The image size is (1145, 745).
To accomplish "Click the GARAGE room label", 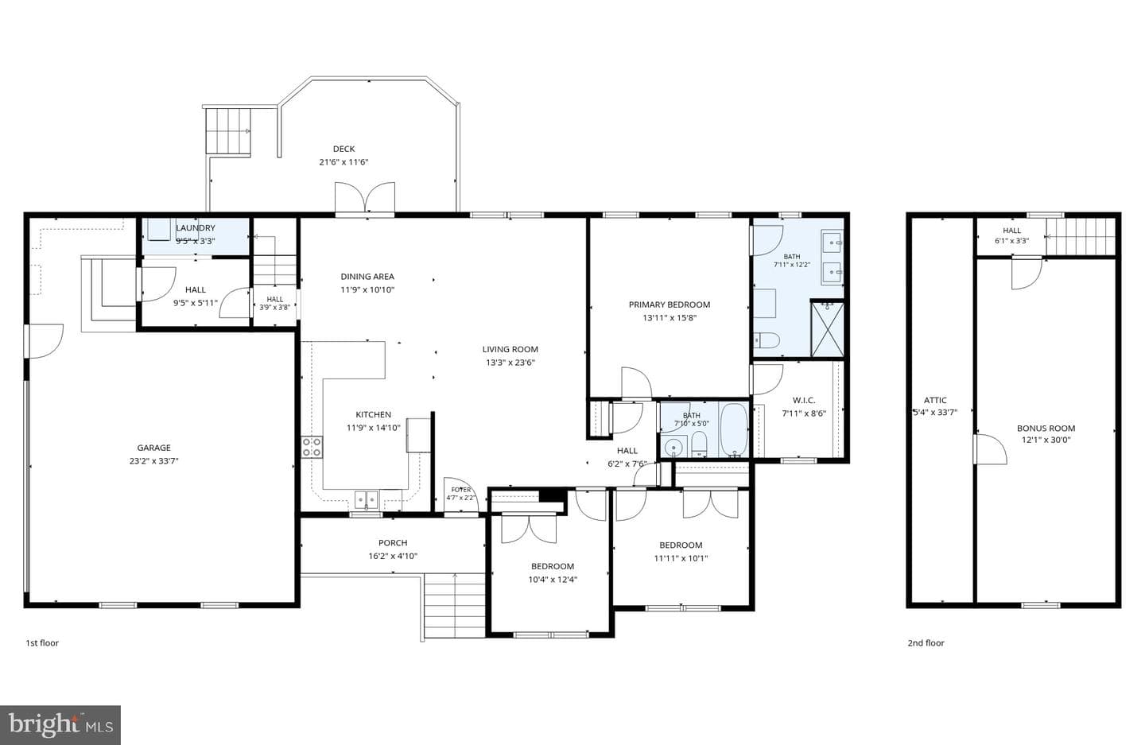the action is [x=154, y=448].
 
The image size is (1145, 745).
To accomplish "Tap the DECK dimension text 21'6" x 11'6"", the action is [x=343, y=162].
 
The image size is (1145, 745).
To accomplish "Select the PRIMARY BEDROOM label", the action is [x=670, y=305].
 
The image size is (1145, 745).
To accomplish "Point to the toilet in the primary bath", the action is [x=767, y=340].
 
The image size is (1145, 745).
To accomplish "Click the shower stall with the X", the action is [x=827, y=329].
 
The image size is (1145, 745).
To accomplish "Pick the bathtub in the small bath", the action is [x=734, y=429].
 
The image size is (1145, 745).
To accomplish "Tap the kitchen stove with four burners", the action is [x=312, y=447].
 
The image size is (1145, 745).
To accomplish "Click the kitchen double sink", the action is [x=367, y=499].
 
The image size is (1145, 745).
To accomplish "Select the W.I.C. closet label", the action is [x=804, y=400].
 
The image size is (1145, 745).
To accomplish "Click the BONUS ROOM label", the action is [x=1046, y=429].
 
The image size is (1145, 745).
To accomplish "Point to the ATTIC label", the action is [x=935, y=400].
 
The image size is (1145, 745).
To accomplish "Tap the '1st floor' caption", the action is [x=42, y=642].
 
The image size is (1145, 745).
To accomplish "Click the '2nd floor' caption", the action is [x=926, y=642].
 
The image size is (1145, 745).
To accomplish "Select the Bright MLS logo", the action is [x=60, y=725].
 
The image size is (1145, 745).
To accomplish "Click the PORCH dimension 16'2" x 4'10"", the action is [x=393, y=556].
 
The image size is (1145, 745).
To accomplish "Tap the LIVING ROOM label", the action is [x=510, y=349].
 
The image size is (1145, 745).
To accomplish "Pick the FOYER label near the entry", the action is [x=460, y=490].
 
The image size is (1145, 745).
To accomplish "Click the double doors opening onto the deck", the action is [x=364, y=197].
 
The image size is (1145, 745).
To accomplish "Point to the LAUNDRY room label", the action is [x=196, y=228].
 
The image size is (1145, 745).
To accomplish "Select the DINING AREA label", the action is [x=367, y=277].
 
